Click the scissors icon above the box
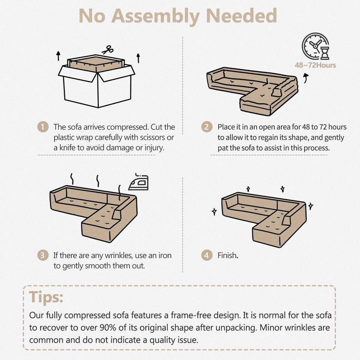107,49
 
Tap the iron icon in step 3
138,182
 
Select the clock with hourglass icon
316,46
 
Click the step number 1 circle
43,127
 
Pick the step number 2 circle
207,127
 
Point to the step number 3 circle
43,255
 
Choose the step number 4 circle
207,255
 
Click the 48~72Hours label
315,65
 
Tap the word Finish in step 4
227,255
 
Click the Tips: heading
46,297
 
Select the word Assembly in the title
155,16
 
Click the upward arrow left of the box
58,56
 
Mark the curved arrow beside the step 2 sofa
306,78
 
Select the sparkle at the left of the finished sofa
214,211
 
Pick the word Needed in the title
241,16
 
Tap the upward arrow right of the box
138,58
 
